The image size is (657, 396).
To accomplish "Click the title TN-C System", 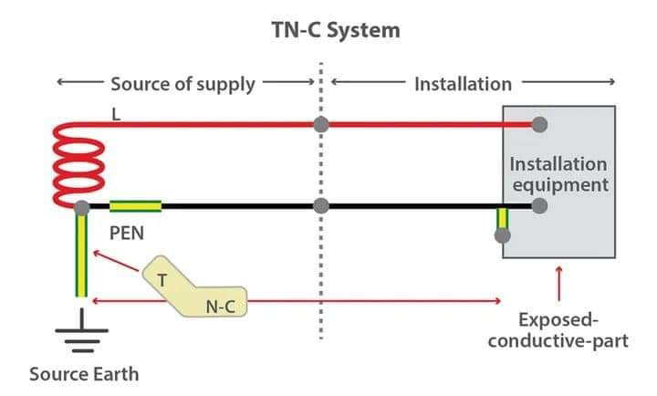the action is (x=336, y=30).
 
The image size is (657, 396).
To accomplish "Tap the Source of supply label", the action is (x=182, y=84).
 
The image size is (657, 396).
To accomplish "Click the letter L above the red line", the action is (x=116, y=114).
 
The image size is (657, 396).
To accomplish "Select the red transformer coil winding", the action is (x=78, y=165).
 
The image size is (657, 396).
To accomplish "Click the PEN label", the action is (x=127, y=233).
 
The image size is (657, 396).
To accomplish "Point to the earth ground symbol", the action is (x=82, y=330).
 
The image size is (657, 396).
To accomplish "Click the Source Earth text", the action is (x=84, y=374).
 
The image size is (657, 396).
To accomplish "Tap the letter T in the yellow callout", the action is (x=162, y=280).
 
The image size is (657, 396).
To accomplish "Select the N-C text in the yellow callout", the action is (x=221, y=307).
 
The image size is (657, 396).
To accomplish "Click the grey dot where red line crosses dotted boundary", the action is (x=321, y=124).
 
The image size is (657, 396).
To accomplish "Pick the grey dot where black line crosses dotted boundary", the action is (x=321, y=205).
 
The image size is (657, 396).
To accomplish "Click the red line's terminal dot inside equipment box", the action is (x=539, y=124).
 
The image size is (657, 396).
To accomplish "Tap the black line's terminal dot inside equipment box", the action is (x=539, y=205).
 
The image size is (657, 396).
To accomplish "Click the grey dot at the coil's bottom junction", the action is (x=82, y=207).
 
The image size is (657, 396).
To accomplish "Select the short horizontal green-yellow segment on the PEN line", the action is (x=135, y=206).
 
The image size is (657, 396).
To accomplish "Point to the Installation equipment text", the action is (x=559, y=174).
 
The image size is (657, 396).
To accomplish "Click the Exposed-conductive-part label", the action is (x=558, y=330).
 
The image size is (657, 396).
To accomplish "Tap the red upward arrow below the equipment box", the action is (x=558, y=284).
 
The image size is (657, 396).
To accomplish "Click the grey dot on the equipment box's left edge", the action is (x=503, y=235).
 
